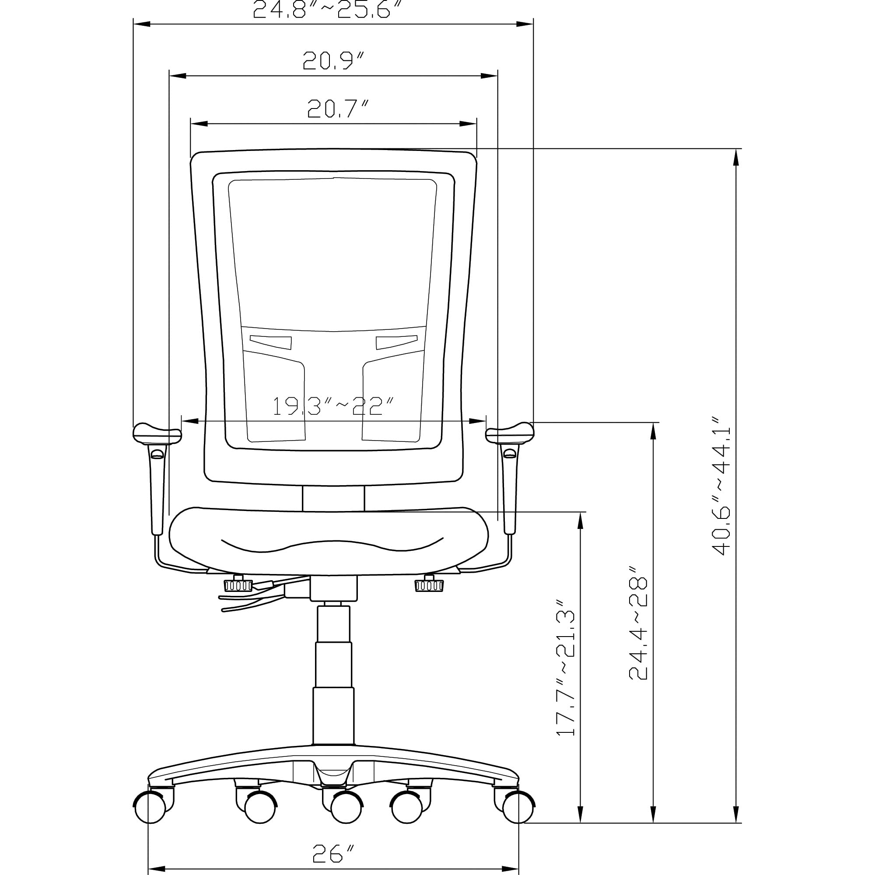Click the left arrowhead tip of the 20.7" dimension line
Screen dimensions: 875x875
(x=191, y=124)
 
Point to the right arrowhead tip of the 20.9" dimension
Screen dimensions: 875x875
(x=498, y=76)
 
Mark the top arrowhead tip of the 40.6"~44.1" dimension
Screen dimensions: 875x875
(x=736, y=149)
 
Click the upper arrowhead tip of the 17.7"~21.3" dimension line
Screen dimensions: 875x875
(x=581, y=512)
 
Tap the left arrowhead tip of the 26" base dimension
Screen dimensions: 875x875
(x=149, y=869)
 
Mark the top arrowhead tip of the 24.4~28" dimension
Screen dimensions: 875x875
(x=653, y=423)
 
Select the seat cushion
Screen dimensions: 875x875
(x=329, y=541)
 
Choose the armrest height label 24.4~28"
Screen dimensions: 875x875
(x=638, y=629)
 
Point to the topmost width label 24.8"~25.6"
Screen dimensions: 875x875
(x=327, y=9)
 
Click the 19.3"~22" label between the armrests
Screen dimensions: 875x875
(x=333, y=406)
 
